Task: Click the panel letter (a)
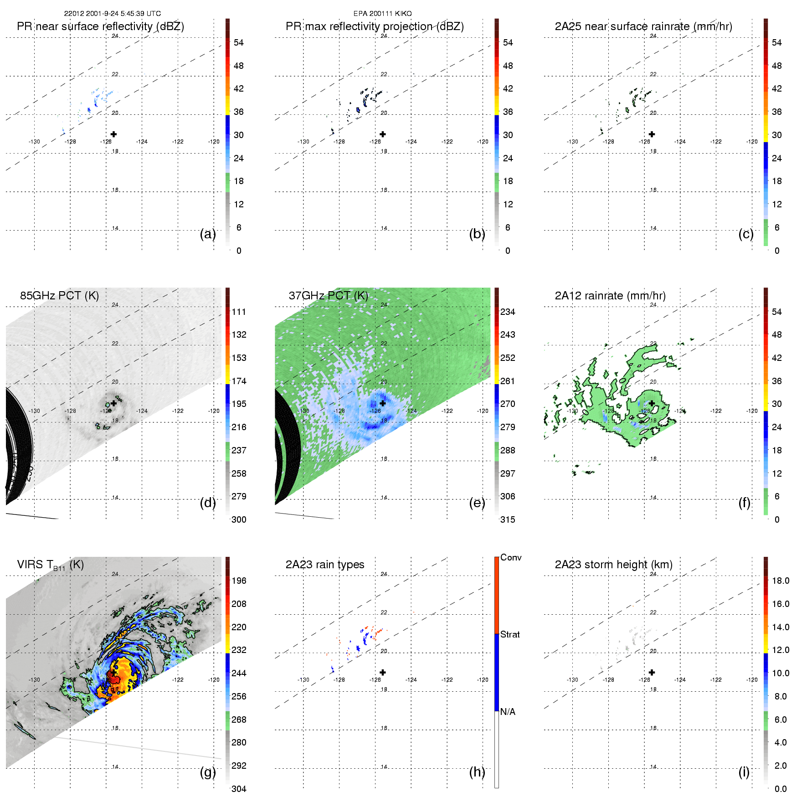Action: point(208,234)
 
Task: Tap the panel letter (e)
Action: point(477,503)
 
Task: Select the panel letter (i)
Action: point(744,772)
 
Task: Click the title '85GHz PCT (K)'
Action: point(59,295)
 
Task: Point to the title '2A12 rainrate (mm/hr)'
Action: point(610,295)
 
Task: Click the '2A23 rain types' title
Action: point(325,565)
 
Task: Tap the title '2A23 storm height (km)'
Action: point(613,565)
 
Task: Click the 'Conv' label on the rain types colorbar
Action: point(511,557)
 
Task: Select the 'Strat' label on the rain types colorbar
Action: point(510,634)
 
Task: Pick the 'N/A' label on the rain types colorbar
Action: point(508,712)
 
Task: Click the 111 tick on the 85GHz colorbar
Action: point(239,312)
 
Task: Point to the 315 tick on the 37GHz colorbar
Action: point(508,519)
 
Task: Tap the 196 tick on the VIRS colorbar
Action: point(239,581)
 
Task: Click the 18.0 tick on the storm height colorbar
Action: point(781,581)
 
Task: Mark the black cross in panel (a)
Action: point(113,134)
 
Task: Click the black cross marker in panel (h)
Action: point(383,672)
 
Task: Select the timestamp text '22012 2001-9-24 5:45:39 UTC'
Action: point(112,14)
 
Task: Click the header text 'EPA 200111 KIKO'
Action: point(382,14)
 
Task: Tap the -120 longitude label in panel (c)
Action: point(752,142)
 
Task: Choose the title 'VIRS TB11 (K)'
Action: point(50,565)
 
